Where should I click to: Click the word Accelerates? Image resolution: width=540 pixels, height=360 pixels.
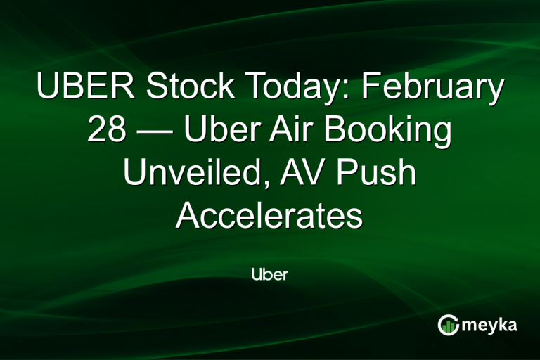(x=269, y=217)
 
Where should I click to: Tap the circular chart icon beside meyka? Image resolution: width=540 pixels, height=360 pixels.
(x=448, y=325)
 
